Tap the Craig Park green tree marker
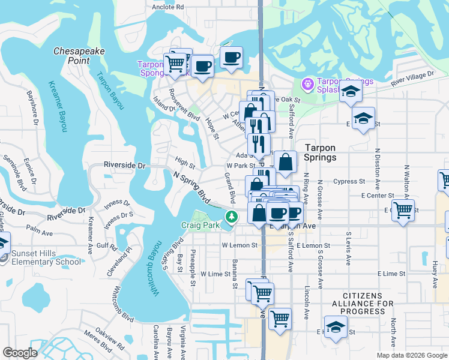point(229,216)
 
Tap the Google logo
point(20,352)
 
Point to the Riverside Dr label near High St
point(125,164)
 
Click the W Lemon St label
point(239,245)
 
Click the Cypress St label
point(349,181)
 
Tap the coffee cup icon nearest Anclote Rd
point(231,58)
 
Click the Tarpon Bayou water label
point(110,91)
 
